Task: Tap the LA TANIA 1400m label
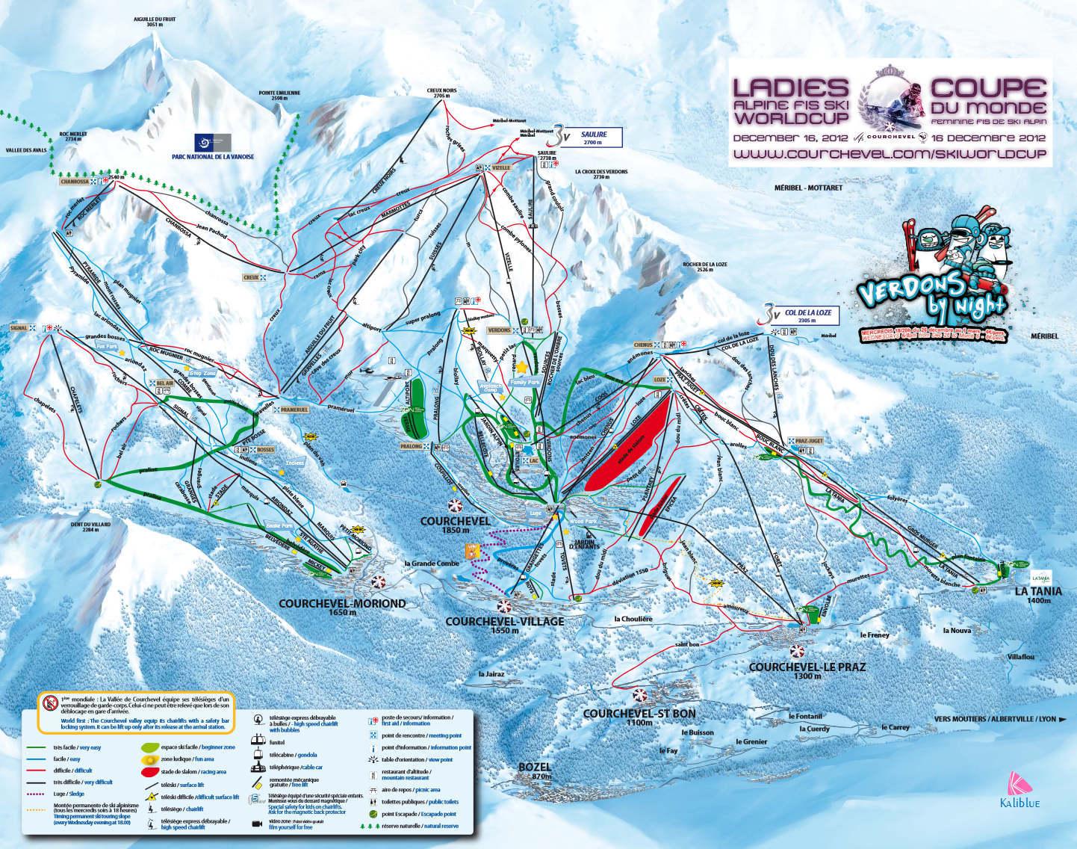pyautogui.click(x=1031, y=590)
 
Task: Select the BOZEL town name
pyautogui.click(x=536, y=767)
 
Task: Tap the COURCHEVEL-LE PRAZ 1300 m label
pyautogui.click(x=807, y=666)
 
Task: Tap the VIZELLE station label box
pyautogui.click(x=501, y=168)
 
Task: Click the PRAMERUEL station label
pyautogui.click(x=295, y=410)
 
